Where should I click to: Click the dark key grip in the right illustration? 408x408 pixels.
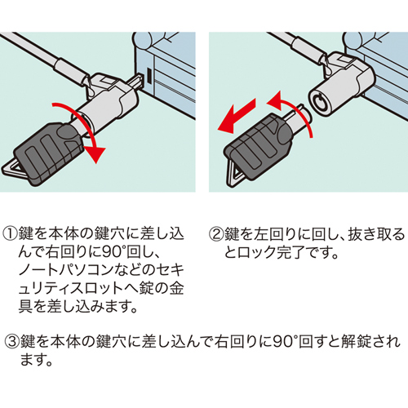[x=257, y=148]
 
